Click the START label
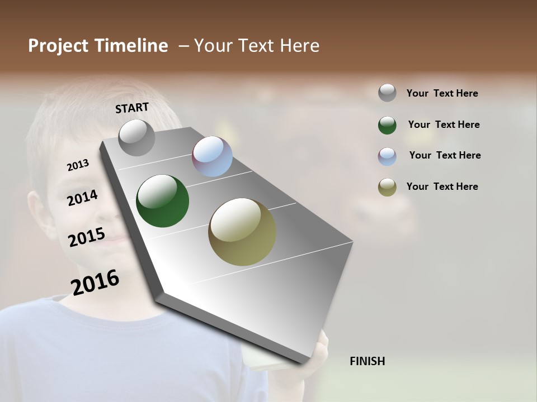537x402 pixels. (132, 108)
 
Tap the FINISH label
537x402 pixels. (368, 361)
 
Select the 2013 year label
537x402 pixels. (78, 165)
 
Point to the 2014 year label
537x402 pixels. (82, 198)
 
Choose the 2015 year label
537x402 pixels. (87, 237)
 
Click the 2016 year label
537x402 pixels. (95, 282)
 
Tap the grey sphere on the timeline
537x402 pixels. (137, 137)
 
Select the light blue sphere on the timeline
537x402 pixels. (212, 156)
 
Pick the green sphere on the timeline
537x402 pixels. (163, 201)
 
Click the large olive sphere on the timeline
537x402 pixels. (242, 232)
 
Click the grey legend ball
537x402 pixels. (387, 93)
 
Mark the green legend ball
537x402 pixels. (387, 125)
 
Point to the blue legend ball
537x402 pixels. (387, 156)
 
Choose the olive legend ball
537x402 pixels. (387, 188)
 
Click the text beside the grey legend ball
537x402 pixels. (442, 93)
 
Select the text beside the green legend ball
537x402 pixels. (444, 125)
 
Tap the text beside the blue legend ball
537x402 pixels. (445, 155)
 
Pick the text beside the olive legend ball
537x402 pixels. (442, 186)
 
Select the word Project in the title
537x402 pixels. (58, 46)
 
